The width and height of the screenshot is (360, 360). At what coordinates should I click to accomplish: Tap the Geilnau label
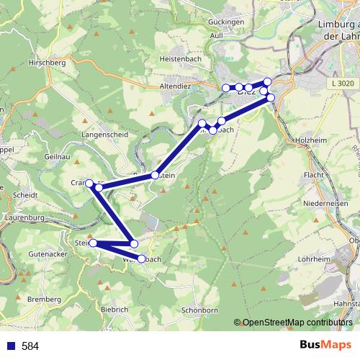tap(57, 156)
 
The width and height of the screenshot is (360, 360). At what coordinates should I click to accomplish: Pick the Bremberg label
tap(44, 299)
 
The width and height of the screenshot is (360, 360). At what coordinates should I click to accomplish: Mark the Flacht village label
tap(314, 175)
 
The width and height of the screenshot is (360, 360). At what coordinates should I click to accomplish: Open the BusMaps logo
tap(325, 345)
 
